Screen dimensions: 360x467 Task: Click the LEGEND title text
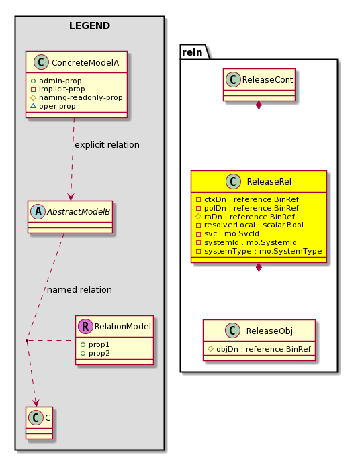[90, 25]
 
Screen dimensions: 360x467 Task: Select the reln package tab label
[192, 52]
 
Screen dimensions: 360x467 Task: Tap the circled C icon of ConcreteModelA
[41, 62]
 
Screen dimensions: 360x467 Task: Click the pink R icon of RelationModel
[85, 326]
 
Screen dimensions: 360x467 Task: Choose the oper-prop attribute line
[53, 106]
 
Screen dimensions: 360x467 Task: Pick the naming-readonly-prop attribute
[77, 98]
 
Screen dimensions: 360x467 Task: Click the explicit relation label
[107, 145]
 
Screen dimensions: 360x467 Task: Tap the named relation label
[79, 289]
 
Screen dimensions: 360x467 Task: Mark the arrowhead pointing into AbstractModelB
[71, 197]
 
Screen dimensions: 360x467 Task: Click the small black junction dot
[27, 340]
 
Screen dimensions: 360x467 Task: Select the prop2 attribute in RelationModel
[95, 353]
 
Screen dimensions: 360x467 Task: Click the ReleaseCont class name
[267, 80]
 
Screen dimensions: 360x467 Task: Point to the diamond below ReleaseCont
[259, 105]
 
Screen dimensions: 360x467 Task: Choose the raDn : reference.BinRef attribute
[245, 217]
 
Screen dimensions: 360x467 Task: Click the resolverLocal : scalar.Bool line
[250, 225]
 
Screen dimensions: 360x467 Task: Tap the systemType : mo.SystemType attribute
[259, 251]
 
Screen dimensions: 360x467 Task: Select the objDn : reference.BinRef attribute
[259, 349]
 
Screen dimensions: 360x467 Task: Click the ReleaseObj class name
[269, 331]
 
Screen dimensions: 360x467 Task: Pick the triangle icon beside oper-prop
[33, 106]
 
